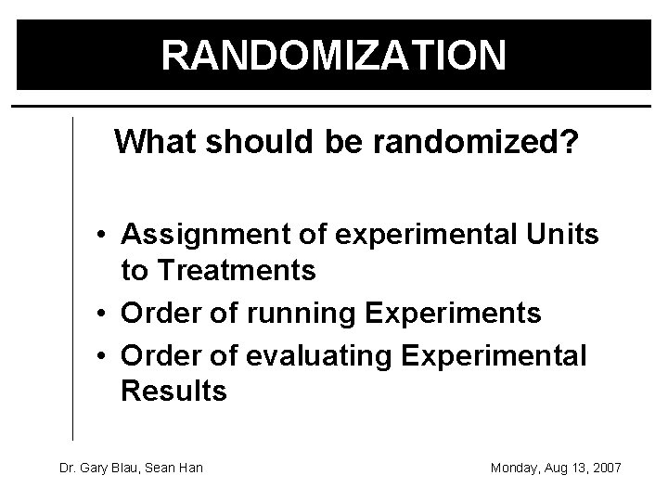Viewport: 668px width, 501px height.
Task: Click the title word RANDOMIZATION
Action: pyautogui.click(x=334, y=54)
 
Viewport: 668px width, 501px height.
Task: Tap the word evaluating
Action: pyautogui.click(x=311, y=354)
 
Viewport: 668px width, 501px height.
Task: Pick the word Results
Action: pyautogui.click(x=173, y=391)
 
